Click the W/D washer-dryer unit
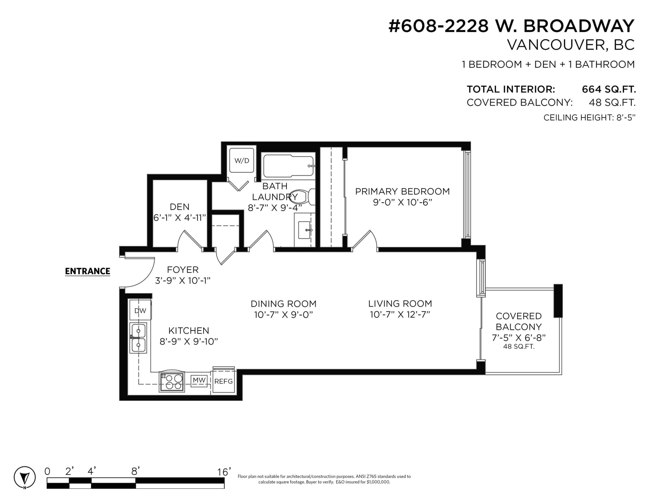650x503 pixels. coord(242,161)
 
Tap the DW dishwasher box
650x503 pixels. coord(140,311)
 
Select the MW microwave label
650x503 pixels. coord(199,380)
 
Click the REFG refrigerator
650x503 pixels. coord(223,381)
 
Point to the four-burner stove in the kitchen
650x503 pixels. coord(172,382)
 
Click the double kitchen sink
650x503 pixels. coord(138,338)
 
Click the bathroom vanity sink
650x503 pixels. coord(305,230)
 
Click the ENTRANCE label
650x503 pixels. coord(88,271)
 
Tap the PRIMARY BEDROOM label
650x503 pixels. coord(402,192)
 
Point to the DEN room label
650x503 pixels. coord(180,207)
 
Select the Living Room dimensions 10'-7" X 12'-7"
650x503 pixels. coord(400,315)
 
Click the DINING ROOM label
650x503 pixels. coord(284,304)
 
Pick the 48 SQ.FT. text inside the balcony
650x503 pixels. coord(519,347)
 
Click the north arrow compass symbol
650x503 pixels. coord(25,477)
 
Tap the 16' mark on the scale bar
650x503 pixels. coord(224,472)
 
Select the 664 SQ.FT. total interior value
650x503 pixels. coord(609,89)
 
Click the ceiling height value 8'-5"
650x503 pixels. coord(626,118)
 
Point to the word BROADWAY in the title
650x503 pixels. coord(579,26)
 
